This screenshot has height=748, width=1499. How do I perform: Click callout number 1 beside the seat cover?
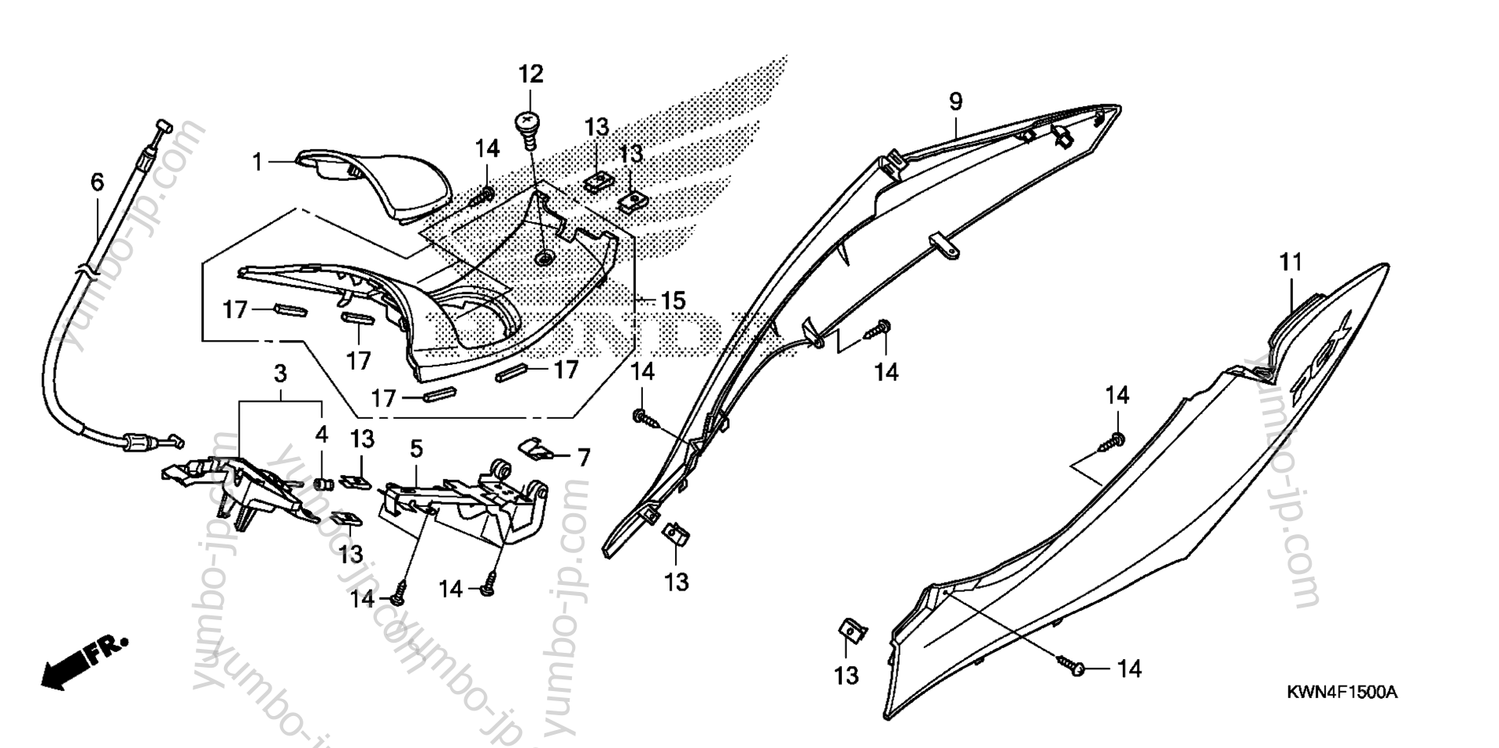pyautogui.click(x=257, y=162)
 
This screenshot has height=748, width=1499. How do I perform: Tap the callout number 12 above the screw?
pyautogui.click(x=531, y=75)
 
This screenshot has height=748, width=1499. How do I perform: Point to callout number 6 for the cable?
pyautogui.click(x=97, y=183)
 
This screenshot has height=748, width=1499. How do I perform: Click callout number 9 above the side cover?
pyautogui.click(x=956, y=101)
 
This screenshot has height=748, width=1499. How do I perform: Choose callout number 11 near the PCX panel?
pyautogui.click(x=1291, y=263)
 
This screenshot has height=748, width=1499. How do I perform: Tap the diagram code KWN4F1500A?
pyautogui.click(x=1341, y=692)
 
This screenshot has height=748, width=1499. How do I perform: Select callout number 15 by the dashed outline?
pyautogui.click(x=673, y=300)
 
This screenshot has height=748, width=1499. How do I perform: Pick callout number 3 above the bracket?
pyautogui.click(x=280, y=374)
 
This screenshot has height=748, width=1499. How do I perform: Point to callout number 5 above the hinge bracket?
pyautogui.click(x=417, y=448)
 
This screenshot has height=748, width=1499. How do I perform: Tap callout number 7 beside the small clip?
pyautogui.click(x=584, y=457)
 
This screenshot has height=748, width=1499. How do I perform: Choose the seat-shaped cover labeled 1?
pyautogui.click(x=382, y=181)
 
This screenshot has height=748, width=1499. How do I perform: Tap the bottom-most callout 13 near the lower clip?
pyautogui.click(x=846, y=675)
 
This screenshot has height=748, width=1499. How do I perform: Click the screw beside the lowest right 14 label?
pyautogui.click(x=1073, y=665)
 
